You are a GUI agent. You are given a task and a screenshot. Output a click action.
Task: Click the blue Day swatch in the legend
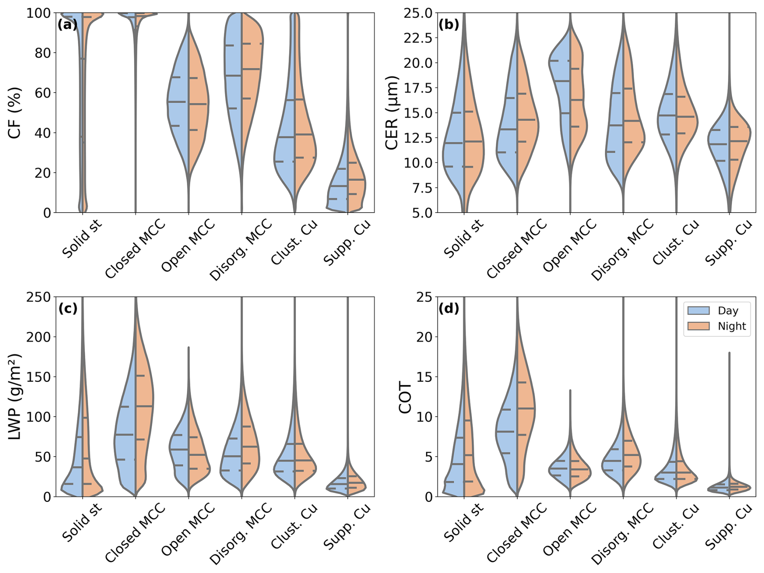tap(699, 310)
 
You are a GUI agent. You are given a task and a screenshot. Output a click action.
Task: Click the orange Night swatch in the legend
tap(699, 326)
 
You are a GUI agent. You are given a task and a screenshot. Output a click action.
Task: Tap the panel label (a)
tap(67, 25)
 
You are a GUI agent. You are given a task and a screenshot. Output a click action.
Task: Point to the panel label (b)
tap(449, 25)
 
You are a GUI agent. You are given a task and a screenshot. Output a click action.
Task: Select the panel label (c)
tap(67, 309)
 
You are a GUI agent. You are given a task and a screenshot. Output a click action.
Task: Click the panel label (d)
tap(449, 309)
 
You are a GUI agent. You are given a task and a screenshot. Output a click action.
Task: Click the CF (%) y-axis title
tap(15, 113)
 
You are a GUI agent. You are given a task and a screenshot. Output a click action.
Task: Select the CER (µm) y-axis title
tap(392, 113)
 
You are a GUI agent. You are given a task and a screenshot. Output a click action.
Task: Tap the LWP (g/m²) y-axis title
tap(15, 397)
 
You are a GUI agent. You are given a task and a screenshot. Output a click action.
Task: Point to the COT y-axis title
tap(405, 397)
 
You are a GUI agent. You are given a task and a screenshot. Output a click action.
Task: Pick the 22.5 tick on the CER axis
tap(418, 38)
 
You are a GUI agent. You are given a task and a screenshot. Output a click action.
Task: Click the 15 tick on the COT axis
tap(424, 377)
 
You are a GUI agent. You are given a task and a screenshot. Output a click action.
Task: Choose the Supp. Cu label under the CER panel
tap(728, 242)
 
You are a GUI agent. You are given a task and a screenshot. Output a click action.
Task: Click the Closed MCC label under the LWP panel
tap(135, 532)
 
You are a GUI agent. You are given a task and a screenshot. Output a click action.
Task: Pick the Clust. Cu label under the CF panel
tap(294, 242)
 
